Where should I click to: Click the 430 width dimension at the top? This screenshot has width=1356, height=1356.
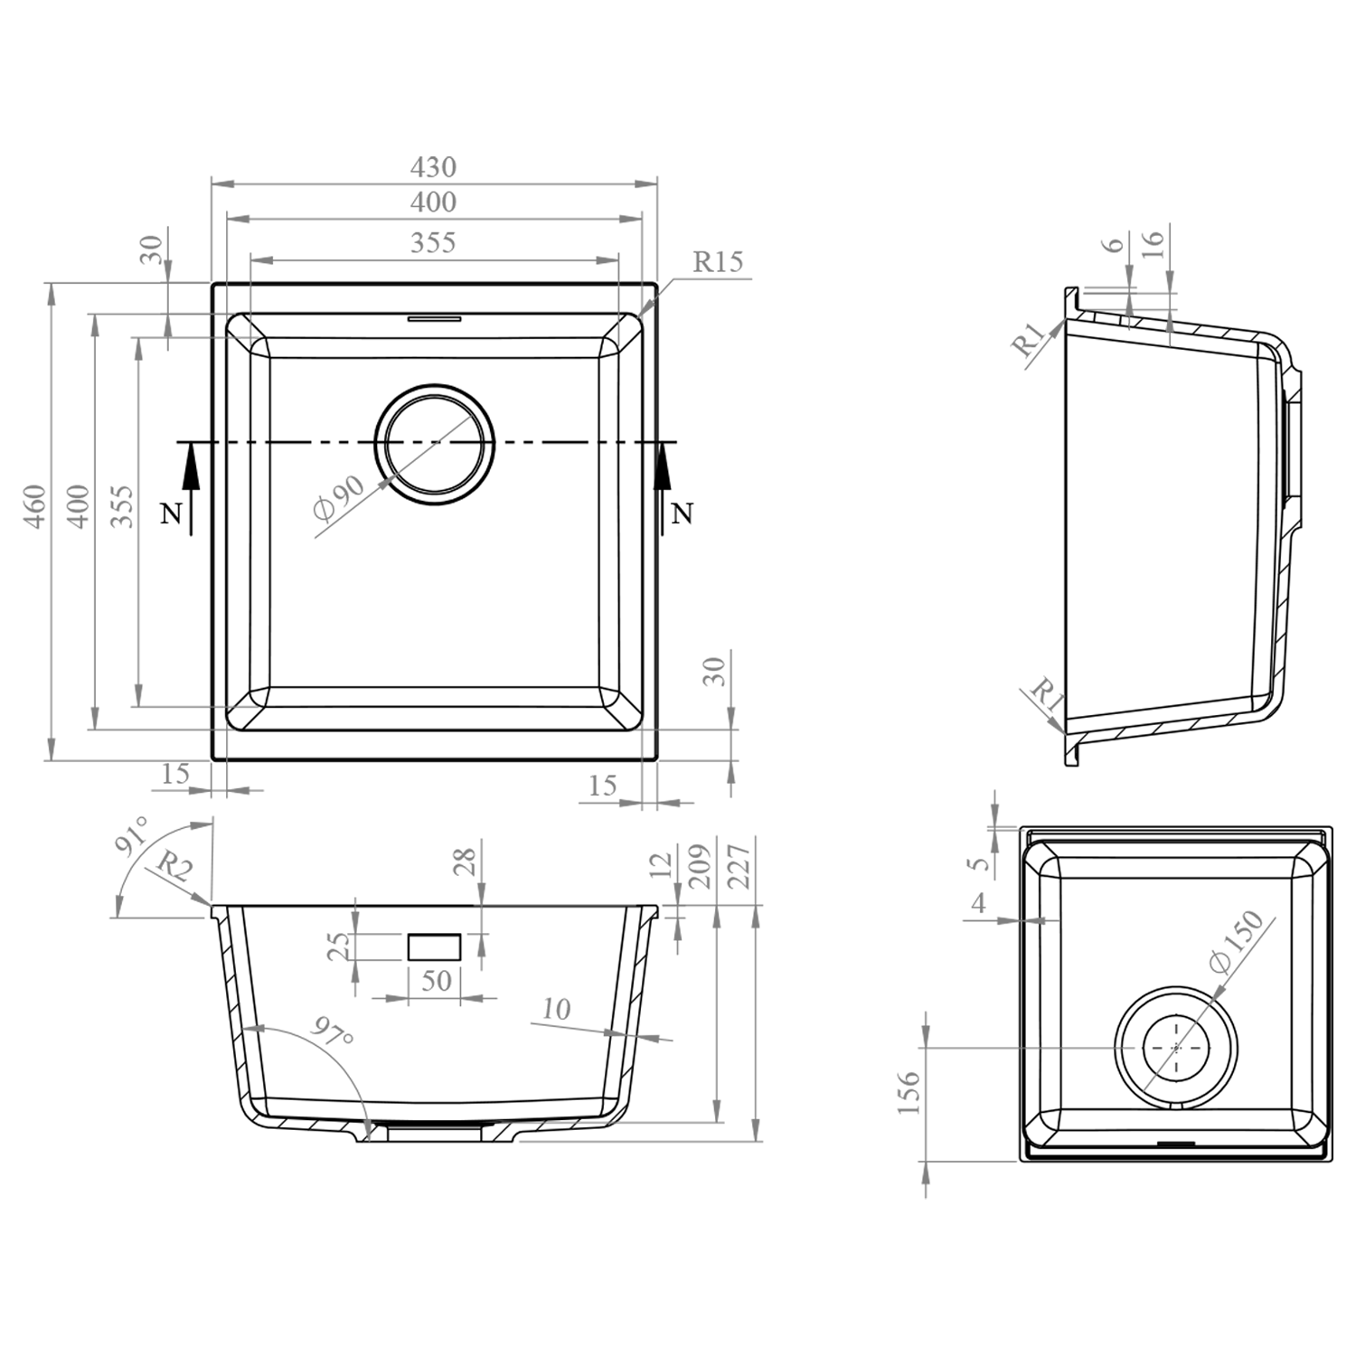[x=433, y=167]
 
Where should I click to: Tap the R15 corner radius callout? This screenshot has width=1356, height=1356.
[x=717, y=262]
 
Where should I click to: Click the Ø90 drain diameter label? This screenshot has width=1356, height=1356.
[x=338, y=498]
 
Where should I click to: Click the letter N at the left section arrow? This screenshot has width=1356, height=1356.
[x=170, y=514]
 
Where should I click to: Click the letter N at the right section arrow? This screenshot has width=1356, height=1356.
[x=683, y=514]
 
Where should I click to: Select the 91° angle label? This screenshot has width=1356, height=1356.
[x=133, y=838]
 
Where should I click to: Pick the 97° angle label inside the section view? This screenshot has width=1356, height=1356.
[x=331, y=1031]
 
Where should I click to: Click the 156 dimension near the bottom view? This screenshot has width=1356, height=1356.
[x=909, y=1091]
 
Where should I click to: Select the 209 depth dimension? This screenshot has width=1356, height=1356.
[x=701, y=866]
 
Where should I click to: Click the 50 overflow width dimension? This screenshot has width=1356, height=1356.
[x=436, y=980]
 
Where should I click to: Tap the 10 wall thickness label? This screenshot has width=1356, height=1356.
[x=557, y=1009]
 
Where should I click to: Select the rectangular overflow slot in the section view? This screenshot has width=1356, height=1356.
[x=435, y=946]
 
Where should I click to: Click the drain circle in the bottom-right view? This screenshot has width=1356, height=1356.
[x=1175, y=1047]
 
